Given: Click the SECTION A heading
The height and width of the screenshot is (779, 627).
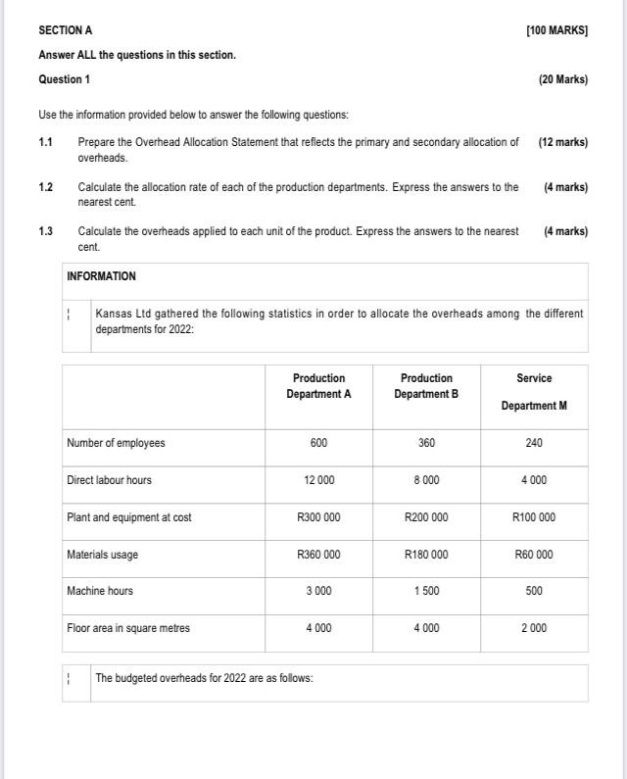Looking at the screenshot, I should click(66, 31).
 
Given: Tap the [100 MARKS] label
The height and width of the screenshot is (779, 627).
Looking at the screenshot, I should click(556, 31).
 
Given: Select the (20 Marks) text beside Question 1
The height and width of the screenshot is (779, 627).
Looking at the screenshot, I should click(562, 79).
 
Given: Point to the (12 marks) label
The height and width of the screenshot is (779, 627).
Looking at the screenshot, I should click(562, 142).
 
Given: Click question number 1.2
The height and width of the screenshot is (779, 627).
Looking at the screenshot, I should click(46, 187).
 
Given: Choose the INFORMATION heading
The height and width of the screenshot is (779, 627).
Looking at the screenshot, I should click(101, 276).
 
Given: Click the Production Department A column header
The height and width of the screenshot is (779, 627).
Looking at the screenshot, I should click(318, 386).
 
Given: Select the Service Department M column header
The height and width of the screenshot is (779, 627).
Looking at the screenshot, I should click(534, 391).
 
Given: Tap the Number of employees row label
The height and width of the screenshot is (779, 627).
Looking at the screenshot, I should click(116, 443).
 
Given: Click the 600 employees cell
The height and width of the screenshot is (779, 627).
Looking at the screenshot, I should click(318, 443).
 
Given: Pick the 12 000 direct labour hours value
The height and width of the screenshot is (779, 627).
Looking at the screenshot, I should click(318, 480).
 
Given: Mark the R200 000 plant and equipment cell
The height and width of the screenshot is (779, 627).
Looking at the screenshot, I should click(426, 517).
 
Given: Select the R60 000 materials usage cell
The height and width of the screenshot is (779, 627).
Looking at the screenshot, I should click(534, 555).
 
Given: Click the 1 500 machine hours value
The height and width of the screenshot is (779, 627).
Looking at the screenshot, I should click(426, 591).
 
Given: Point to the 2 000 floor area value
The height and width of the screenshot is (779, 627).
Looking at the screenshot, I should click(534, 628).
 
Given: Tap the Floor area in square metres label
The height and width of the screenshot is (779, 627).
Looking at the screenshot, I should click(128, 628).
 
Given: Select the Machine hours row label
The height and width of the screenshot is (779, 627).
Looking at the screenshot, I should click(100, 591).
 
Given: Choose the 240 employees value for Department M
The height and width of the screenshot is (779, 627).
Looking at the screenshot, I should click(534, 443).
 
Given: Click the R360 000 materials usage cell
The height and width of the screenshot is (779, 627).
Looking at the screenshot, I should click(318, 555).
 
